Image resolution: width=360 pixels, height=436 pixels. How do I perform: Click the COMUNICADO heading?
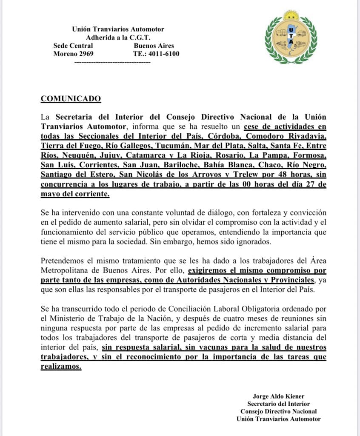click(71, 99)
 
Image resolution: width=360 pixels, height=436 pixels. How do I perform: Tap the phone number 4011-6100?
click(163, 54)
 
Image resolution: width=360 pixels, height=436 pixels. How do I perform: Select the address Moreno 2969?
click(73, 54)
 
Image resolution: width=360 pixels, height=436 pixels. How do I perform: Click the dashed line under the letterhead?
click(112, 62)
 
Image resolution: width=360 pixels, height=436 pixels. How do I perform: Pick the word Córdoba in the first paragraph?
click(223, 136)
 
